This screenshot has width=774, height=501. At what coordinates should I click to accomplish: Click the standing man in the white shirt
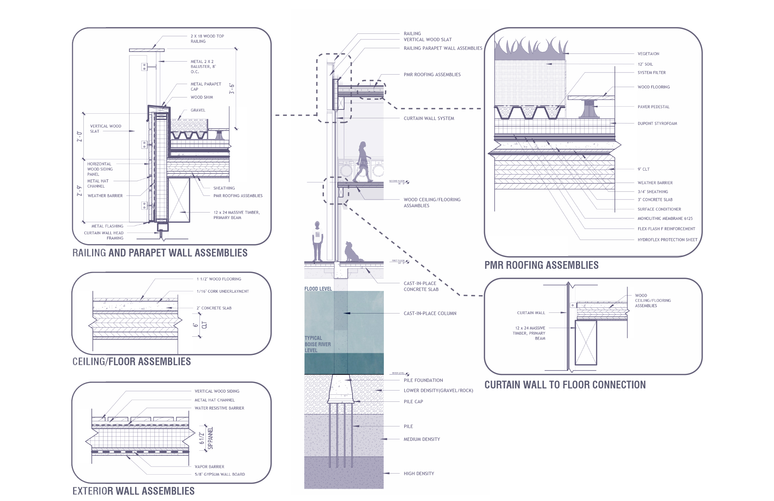click(317, 241)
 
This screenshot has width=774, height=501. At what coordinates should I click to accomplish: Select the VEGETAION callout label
click(648, 54)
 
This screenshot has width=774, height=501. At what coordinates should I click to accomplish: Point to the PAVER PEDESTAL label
click(653, 107)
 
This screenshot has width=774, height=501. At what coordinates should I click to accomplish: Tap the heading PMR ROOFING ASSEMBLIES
click(541, 265)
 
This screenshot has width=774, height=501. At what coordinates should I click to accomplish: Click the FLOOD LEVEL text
click(318, 289)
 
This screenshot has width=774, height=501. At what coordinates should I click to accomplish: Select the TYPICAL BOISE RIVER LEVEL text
click(317, 344)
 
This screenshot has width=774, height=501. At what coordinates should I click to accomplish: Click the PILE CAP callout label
click(413, 401)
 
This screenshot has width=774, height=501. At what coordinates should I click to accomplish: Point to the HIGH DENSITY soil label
click(419, 474)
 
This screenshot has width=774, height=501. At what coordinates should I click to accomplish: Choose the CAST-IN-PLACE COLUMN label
click(430, 313)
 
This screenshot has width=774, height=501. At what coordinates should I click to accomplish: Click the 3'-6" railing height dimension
click(232, 89)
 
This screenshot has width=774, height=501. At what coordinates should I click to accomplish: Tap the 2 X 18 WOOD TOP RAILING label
click(207, 39)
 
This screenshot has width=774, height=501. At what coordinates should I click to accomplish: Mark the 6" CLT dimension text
click(200, 325)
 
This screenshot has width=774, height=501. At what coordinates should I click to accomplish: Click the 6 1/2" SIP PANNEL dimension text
click(206, 438)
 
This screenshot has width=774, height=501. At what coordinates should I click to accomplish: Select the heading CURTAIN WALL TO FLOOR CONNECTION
click(565, 385)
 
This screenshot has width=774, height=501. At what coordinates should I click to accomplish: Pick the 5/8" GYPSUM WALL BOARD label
click(220, 474)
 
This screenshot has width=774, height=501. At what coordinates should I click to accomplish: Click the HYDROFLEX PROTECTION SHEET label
click(667, 240)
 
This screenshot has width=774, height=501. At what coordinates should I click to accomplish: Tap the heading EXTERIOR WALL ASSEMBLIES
click(133, 491)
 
